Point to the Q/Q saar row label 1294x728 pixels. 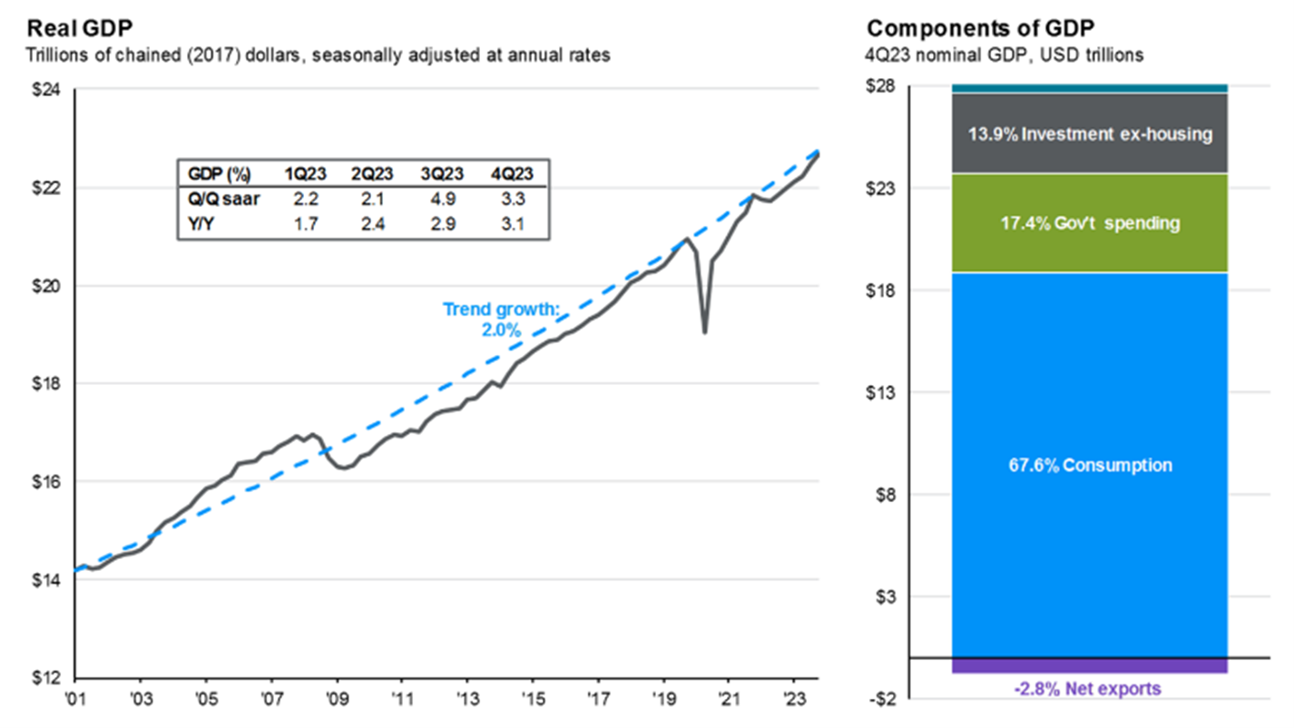click(x=218, y=199)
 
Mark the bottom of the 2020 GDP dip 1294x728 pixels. click(x=704, y=332)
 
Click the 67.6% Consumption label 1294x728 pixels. click(x=1088, y=466)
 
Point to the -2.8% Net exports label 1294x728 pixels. click(x=1088, y=689)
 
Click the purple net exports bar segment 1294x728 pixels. click(x=1088, y=665)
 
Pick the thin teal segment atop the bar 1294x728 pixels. click(x=1088, y=88)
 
